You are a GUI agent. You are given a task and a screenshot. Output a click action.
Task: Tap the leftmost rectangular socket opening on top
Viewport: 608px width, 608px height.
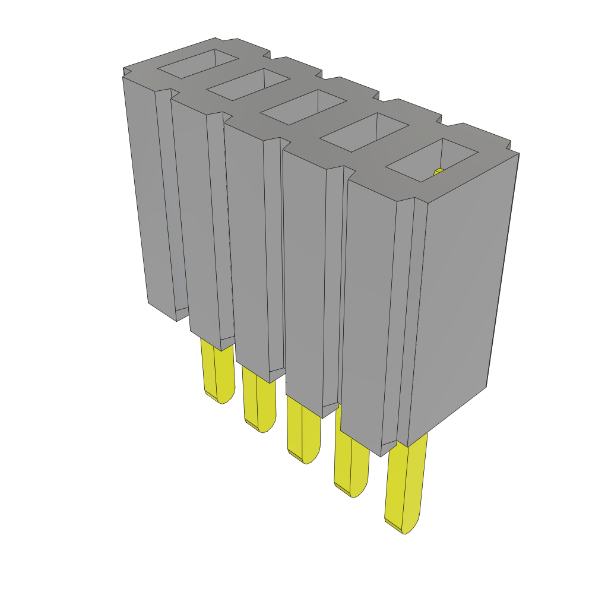198,64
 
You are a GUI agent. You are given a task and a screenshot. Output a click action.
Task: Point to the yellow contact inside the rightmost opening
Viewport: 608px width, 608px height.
439,172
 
